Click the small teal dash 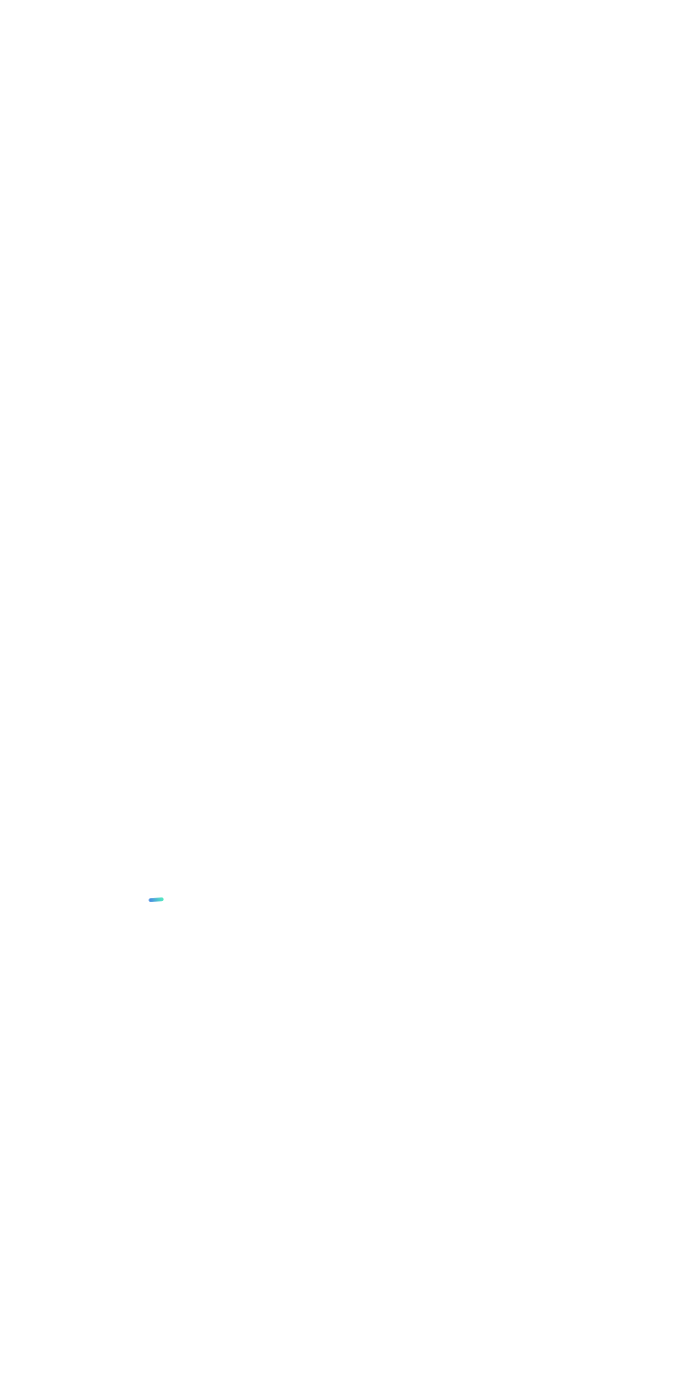156,899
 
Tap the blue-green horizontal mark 156,899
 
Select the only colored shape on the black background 156,899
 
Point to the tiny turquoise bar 156,899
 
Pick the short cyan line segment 156,899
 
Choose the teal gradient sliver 156,899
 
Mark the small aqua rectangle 156,899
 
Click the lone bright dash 156,899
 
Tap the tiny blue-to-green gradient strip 156,899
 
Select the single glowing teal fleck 156,899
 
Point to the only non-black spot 156,899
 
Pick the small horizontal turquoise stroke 156,899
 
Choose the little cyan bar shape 156,899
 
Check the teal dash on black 156,899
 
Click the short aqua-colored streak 156,899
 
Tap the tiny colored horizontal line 156,899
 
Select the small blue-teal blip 156,899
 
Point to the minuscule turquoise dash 156,899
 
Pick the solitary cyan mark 156,899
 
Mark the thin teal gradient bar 156,899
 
